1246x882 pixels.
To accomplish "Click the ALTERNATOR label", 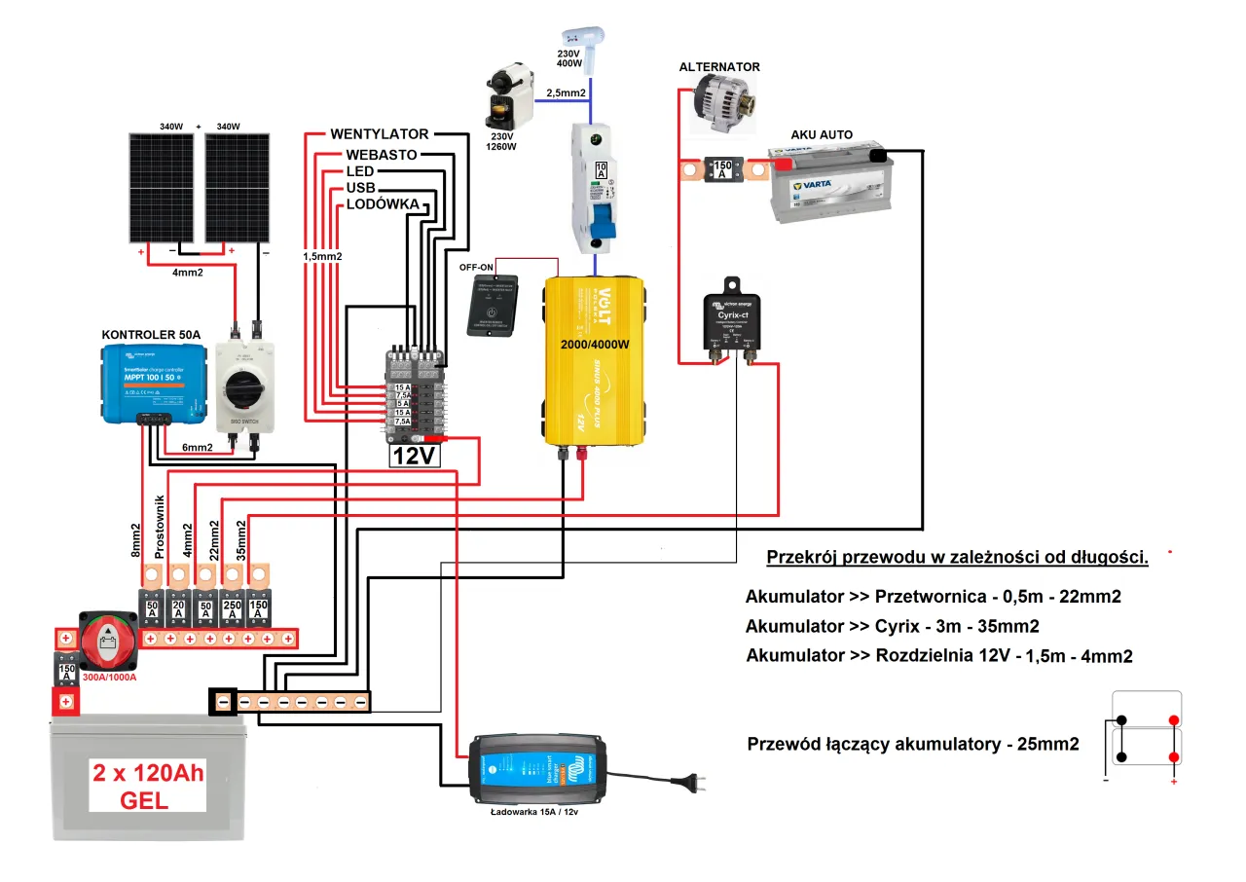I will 720,67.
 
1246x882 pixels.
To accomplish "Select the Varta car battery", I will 829,185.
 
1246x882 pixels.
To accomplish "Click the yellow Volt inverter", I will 593,360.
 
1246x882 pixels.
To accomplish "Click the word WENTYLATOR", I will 380,133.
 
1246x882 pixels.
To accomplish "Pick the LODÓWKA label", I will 383,204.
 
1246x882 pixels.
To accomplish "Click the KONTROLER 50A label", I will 151,334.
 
